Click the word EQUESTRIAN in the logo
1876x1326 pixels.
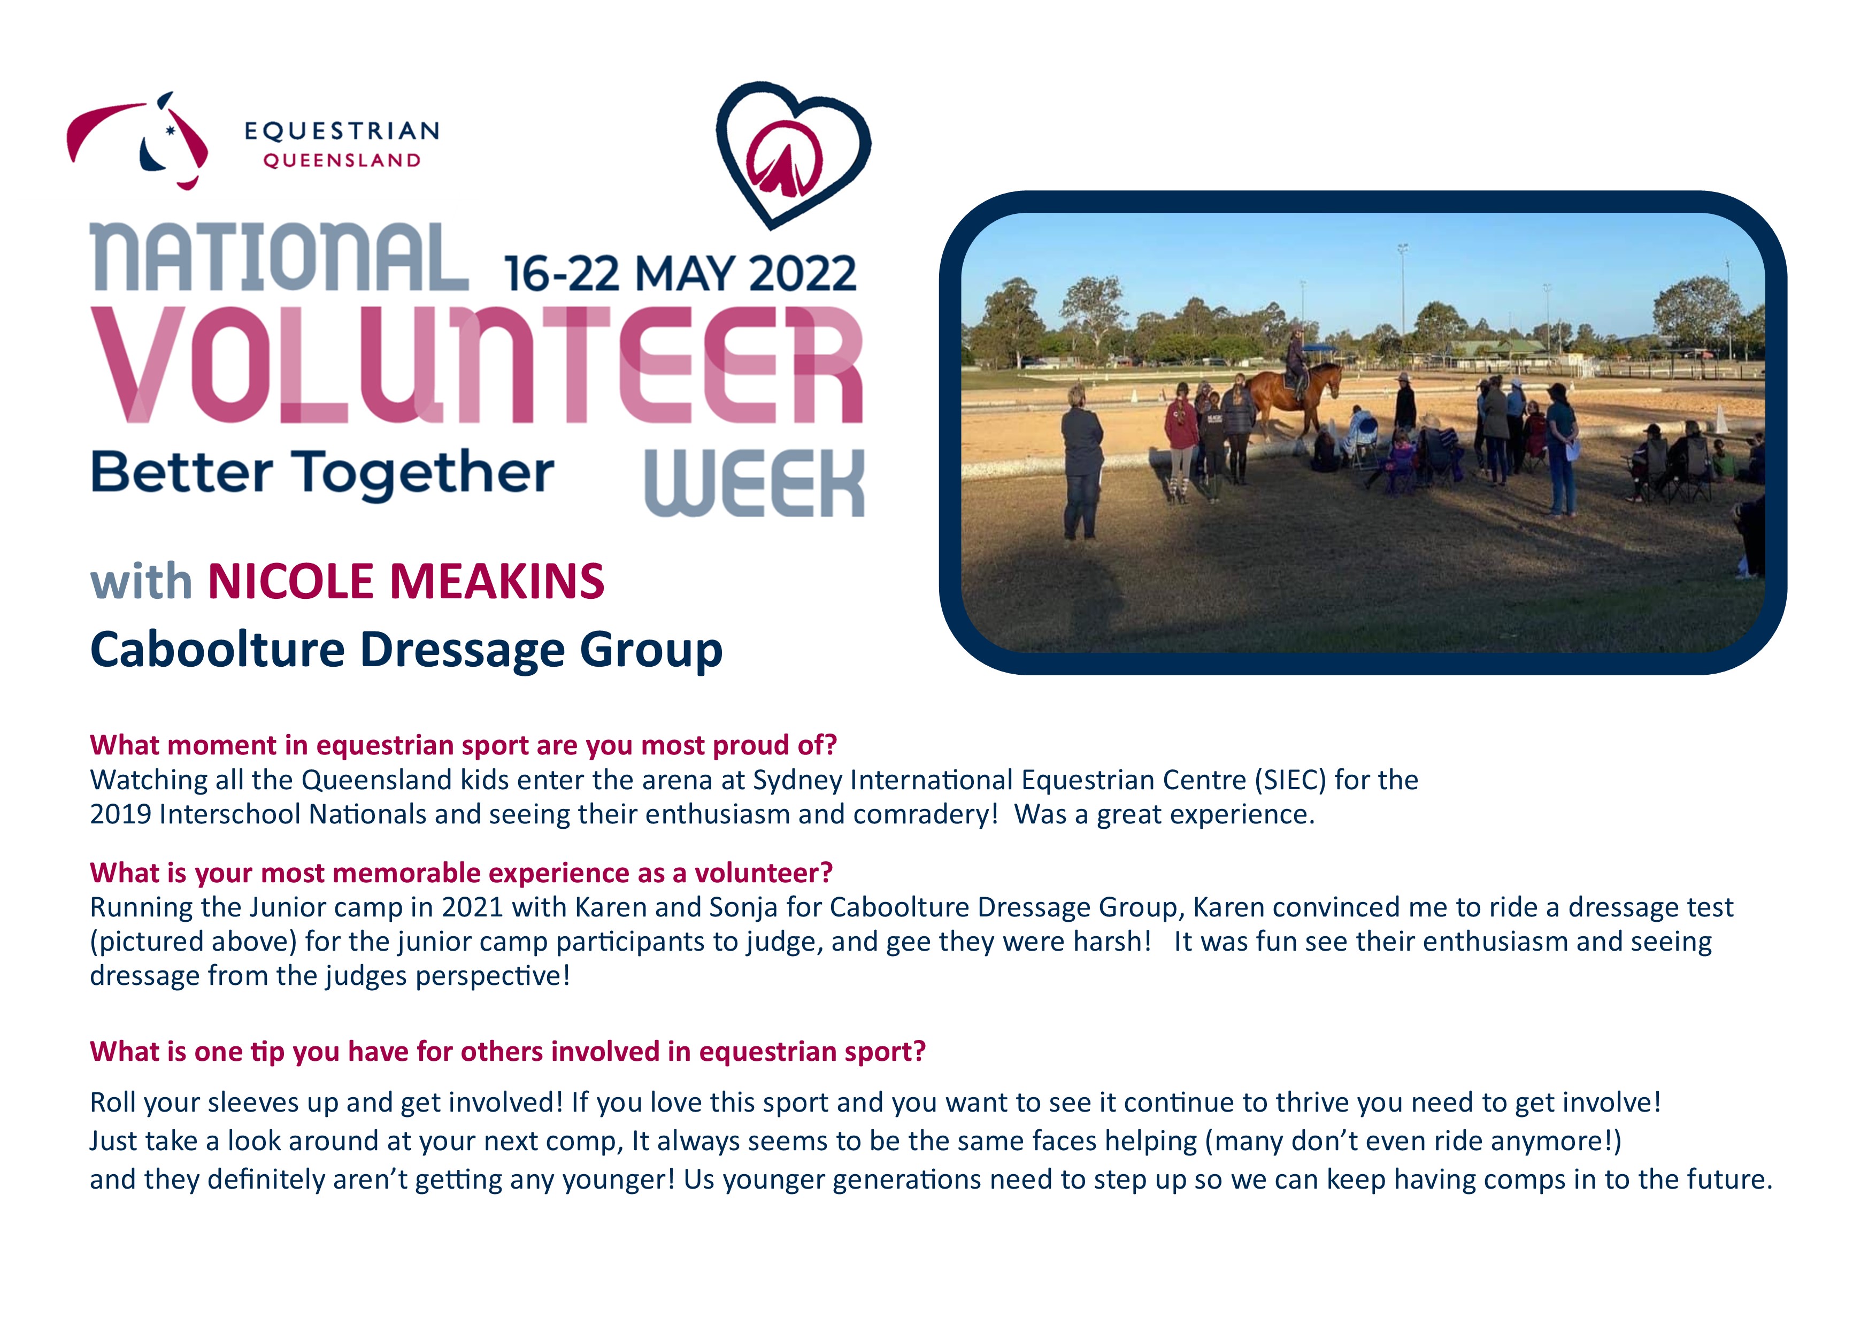(x=342, y=130)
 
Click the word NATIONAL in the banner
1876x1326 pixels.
(x=280, y=257)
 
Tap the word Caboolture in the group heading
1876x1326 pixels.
(x=217, y=650)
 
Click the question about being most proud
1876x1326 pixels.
(x=463, y=745)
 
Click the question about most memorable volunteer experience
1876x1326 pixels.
(x=461, y=873)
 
